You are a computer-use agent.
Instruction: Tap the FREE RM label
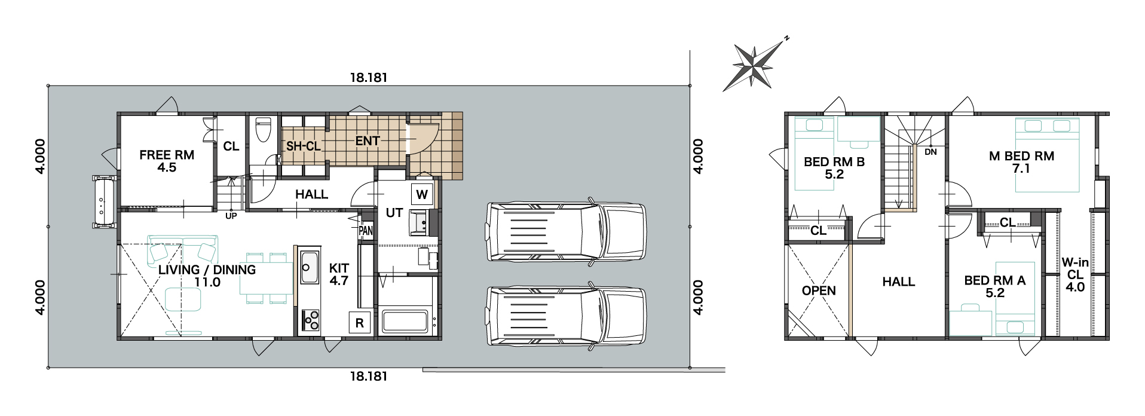pos(167,155)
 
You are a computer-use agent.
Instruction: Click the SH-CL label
pos(303,146)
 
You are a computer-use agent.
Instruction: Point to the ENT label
pos(368,141)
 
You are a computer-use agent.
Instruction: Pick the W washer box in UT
pos(422,194)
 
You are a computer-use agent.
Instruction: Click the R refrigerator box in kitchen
pos(360,323)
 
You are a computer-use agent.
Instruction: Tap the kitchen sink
pos(310,267)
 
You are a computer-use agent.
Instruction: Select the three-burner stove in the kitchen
pos(311,320)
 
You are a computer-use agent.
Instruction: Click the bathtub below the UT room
pos(405,322)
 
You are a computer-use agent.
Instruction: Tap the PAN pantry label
pos(366,231)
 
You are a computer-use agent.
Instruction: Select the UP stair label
pos(231,216)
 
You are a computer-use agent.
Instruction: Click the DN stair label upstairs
pos(930,152)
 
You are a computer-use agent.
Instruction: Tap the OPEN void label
pos(819,290)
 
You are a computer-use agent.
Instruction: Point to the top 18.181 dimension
pos(369,78)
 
